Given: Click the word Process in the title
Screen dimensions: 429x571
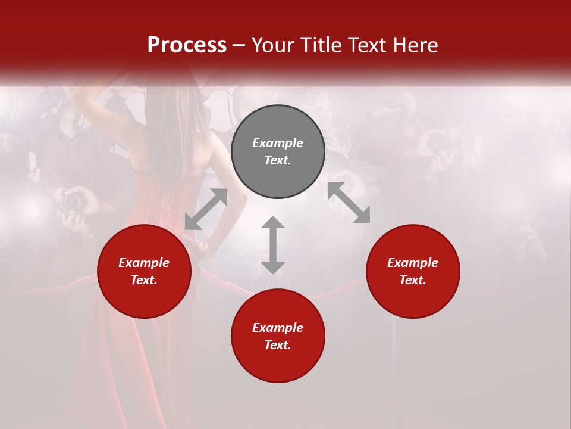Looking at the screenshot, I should pos(187,45).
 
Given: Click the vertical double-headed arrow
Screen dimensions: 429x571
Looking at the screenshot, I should pos(273,245).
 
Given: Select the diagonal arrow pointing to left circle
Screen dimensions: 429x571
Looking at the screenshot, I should pos(206,209).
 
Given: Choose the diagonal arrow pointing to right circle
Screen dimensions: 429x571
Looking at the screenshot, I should pos(349,203).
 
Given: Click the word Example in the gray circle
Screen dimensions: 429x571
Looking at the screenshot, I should pos(278,143).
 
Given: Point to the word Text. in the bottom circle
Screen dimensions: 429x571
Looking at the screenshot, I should pos(278,345).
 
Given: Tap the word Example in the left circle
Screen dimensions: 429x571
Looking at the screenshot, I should pos(144,263).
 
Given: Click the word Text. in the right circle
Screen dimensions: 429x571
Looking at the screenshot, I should pos(413,280).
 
